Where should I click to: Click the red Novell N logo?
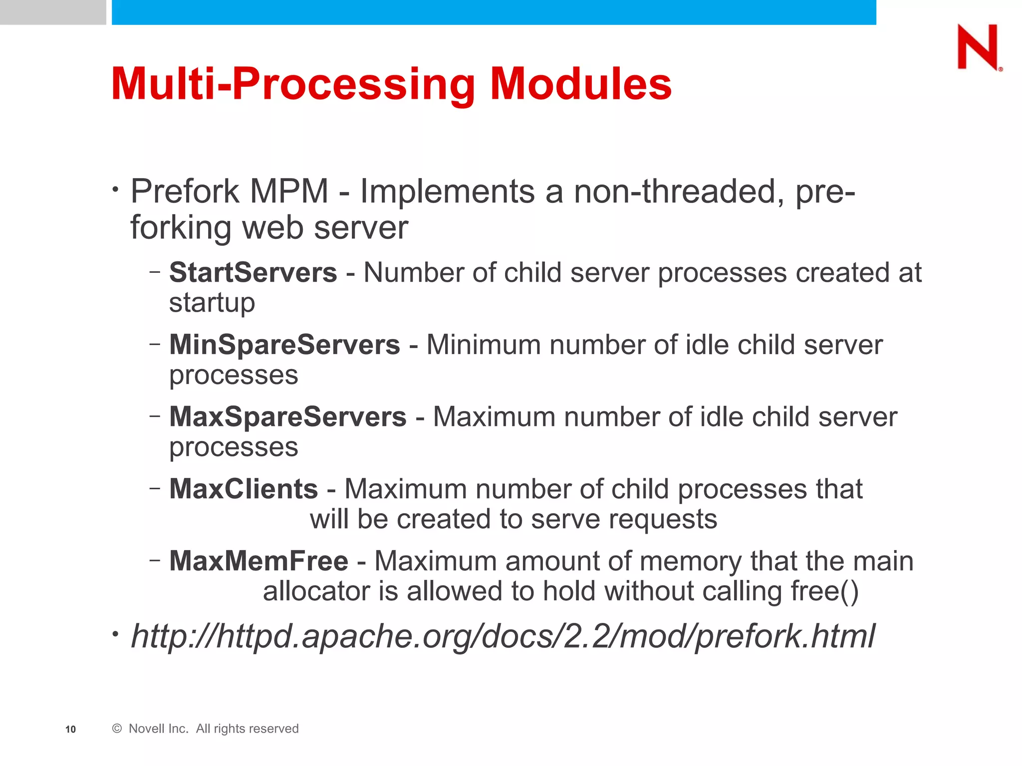coord(978,47)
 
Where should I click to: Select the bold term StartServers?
coord(253,273)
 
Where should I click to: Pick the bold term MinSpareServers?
coord(284,345)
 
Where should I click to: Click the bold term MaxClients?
coord(244,489)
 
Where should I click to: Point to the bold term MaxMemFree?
coord(258,561)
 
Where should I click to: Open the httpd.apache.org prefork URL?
coord(502,636)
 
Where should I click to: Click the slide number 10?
coord(70,729)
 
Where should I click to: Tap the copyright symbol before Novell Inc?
coord(117,729)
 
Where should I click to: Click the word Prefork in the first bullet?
coord(185,191)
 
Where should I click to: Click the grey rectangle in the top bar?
coord(53,12)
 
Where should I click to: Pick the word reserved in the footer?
coord(275,729)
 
